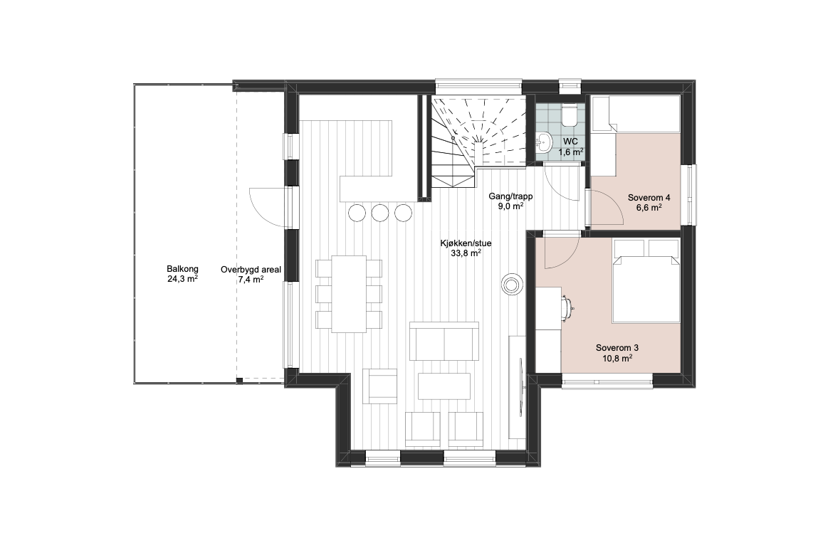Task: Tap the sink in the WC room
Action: pyautogui.click(x=543, y=142)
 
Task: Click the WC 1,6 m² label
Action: pyautogui.click(x=570, y=147)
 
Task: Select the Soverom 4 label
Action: pyautogui.click(x=649, y=203)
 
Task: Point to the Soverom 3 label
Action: pyautogui.click(x=614, y=353)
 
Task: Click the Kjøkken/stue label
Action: pyautogui.click(x=466, y=248)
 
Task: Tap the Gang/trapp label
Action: pyautogui.click(x=510, y=201)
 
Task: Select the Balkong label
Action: pyautogui.click(x=182, y=274)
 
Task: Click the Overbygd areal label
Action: pyautogui.click(x=251, y=275)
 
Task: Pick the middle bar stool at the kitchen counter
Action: pyautogui.click(x=380, y=212)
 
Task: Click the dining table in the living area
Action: pyautogui.click(x=349, y=294)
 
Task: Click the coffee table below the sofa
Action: pyautogui.click(x=444, y=386)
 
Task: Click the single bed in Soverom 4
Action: pyautogui.click(x=635, y=113)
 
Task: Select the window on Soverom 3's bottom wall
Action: pyautogui.click(x=607, y=381)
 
